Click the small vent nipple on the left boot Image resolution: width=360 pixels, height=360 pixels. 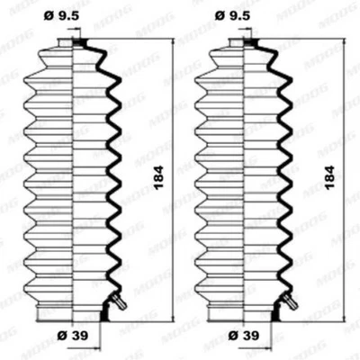pos(113,302)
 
